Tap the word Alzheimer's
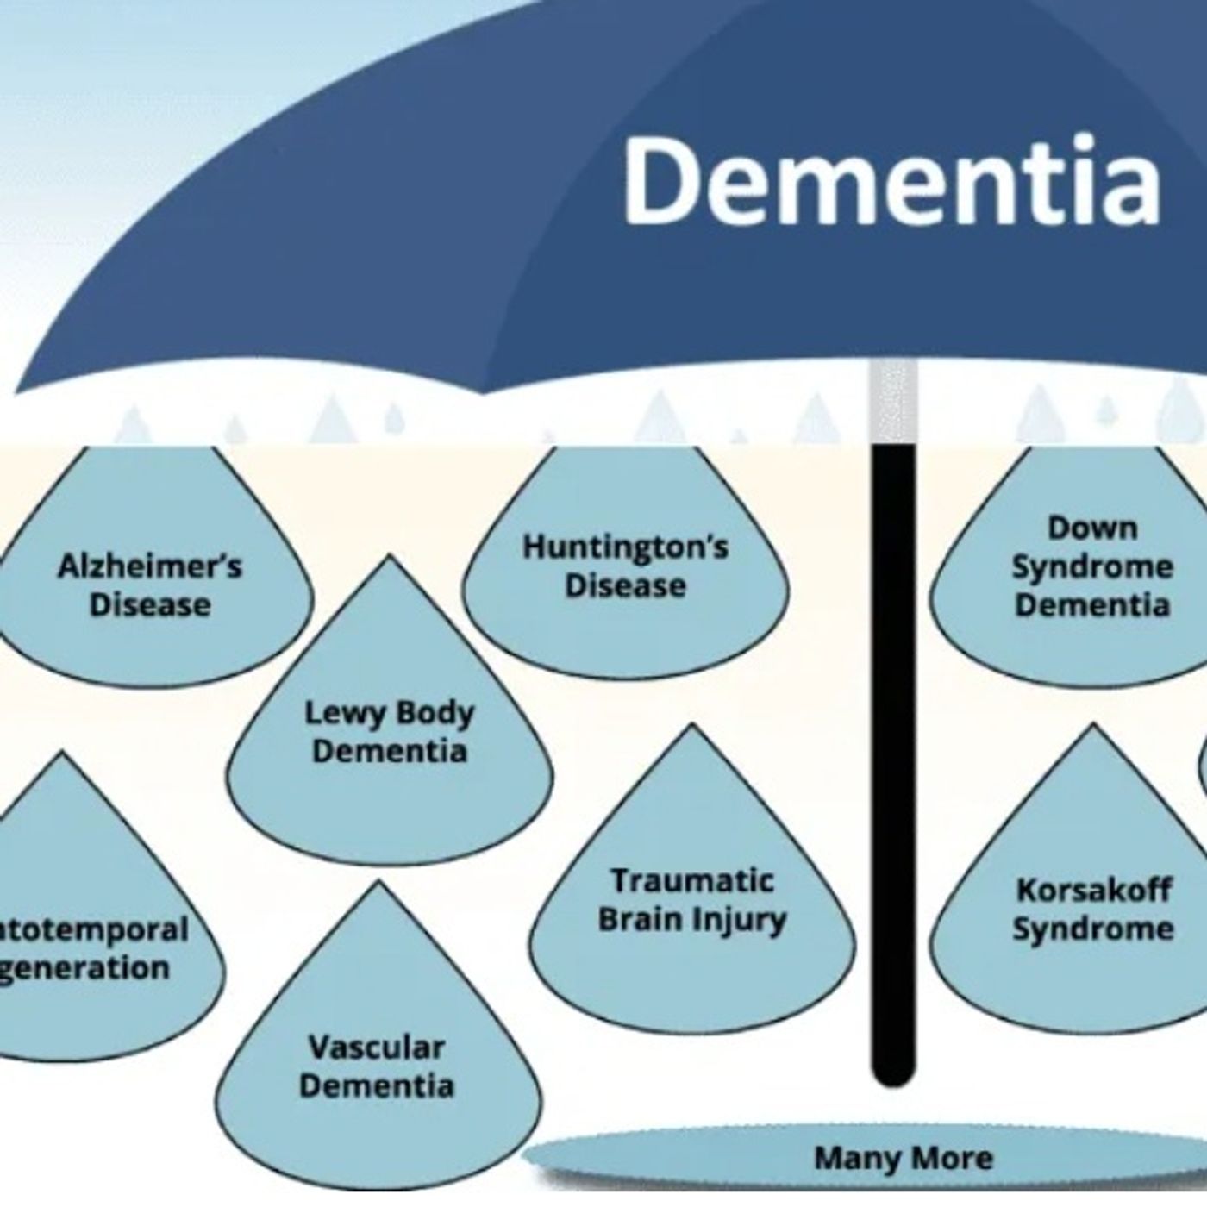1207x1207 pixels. [150, 566]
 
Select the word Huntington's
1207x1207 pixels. [625, 547]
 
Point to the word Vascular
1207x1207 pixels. [377, 1048]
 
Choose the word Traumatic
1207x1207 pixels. [692, 881]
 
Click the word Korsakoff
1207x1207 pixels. [1093, 890]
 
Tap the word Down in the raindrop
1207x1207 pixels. [1092, 528]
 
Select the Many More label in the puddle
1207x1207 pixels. [903, 1158]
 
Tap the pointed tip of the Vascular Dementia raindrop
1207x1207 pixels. [377, 884]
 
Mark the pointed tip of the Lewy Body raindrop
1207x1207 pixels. [390, 558]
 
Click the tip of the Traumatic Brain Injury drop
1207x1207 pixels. [691, 727]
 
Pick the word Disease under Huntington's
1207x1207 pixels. [625, 586]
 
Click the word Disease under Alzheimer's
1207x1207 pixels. [150, 604]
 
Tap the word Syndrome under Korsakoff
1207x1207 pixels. [1092, 929]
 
